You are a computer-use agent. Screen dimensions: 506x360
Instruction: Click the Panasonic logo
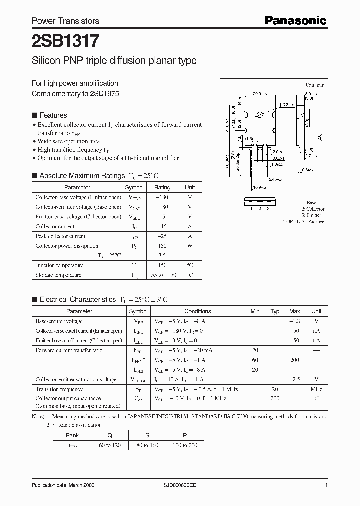(295, 20)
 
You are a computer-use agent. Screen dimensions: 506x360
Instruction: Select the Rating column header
(162, 188)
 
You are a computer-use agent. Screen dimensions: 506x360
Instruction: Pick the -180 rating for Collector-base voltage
(162, 197)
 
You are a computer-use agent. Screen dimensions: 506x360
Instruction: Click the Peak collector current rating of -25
(162, 236)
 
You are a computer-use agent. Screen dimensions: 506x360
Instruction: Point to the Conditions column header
(198, 311)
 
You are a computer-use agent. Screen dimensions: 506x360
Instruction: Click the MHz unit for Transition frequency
(316, 389)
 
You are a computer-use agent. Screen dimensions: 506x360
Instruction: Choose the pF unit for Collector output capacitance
(316, 399)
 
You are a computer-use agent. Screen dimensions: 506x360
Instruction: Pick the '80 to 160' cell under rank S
(147, 445)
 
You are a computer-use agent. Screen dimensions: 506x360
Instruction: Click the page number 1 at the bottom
(326, 485)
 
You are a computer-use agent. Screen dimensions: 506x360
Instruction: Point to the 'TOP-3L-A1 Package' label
(303, 221)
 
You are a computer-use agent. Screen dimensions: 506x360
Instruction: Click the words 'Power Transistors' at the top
(65, 21)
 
